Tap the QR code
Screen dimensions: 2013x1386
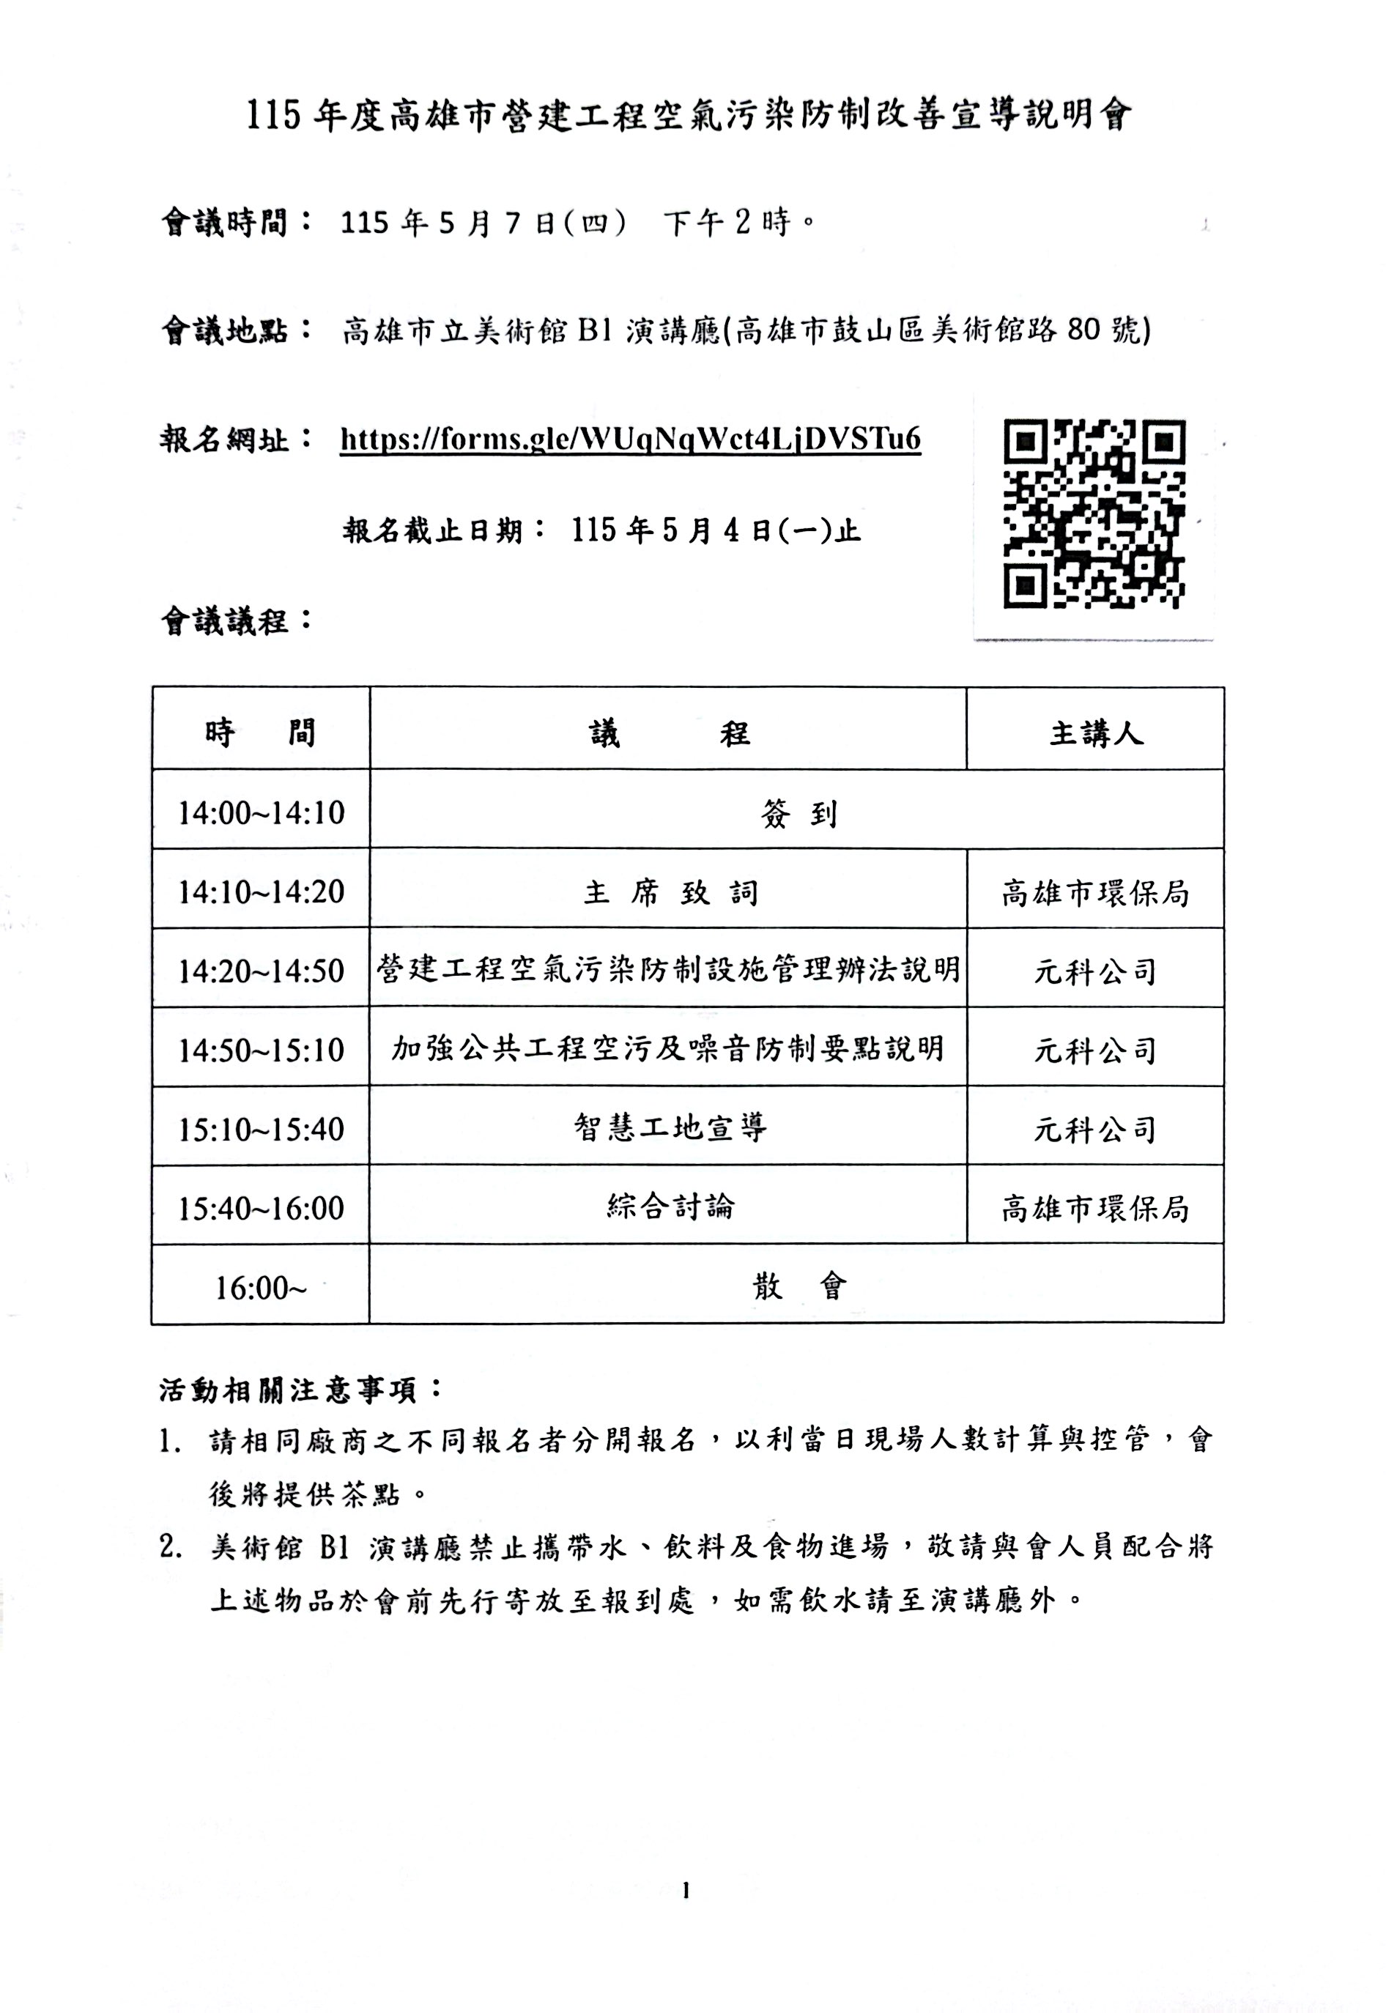point(1094,514)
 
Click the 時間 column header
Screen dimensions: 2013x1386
point(261,733)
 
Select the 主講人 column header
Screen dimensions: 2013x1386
point(1095,734)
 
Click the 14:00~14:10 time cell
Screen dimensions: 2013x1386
point(261,813)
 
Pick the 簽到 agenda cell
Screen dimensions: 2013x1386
point(797,813)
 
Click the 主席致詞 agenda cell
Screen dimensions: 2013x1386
point(670,892)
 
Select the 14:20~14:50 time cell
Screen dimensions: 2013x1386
point(261,971)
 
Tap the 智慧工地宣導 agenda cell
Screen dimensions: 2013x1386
point(670,1128)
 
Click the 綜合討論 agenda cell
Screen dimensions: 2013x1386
point(670,1206)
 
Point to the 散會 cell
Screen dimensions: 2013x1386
point(797,1286)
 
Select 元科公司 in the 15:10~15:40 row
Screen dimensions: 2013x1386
point(1095,1130)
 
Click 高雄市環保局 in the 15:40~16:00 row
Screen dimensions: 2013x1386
point(1095,1208)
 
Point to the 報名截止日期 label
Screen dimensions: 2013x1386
point(445,530)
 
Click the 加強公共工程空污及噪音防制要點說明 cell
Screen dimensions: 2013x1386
point(670,1049)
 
